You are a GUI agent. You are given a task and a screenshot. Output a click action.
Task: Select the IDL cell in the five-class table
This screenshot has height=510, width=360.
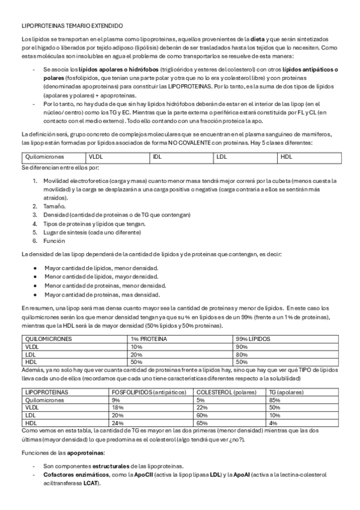[157, 156]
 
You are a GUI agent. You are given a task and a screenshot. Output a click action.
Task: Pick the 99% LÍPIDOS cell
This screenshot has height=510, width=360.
[254, 339]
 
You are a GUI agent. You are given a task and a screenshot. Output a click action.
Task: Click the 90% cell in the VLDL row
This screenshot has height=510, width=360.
[242, 347]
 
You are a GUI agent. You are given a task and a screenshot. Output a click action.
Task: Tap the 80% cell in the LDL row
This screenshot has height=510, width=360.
[242, 355]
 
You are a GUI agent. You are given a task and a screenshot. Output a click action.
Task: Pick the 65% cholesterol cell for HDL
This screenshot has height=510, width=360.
[202, 423]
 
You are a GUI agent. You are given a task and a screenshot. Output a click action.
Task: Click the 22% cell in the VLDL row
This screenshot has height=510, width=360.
[202, 407]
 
